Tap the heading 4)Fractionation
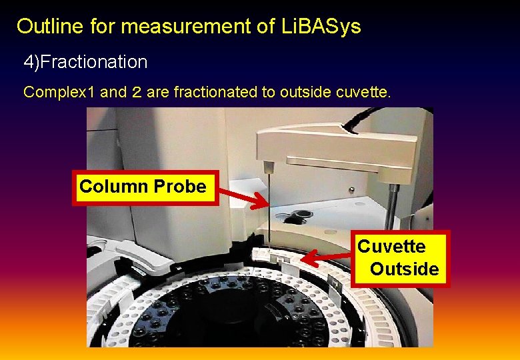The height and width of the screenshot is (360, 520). (85, 62)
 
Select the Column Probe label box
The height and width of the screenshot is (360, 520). (143, 187)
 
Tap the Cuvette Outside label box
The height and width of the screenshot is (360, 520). (399, 258)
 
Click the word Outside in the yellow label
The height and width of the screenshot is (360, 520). (404, 269)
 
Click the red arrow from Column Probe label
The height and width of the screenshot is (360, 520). (243, 197)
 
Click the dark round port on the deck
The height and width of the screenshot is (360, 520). (297, 216)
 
